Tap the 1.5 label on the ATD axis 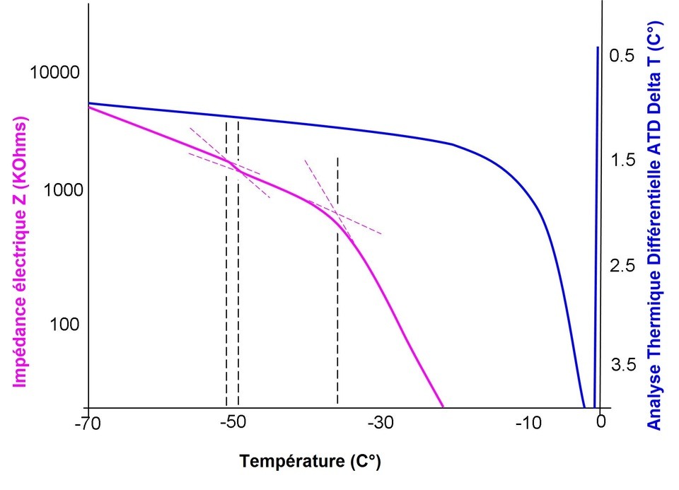click(622, 161)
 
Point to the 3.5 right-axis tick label click(622, 365)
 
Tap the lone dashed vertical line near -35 click(337, 283)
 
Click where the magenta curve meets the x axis click(443, 407)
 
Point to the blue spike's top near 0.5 click(598, 48)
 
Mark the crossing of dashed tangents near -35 click(337, 215)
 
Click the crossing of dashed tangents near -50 click(233, 165)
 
